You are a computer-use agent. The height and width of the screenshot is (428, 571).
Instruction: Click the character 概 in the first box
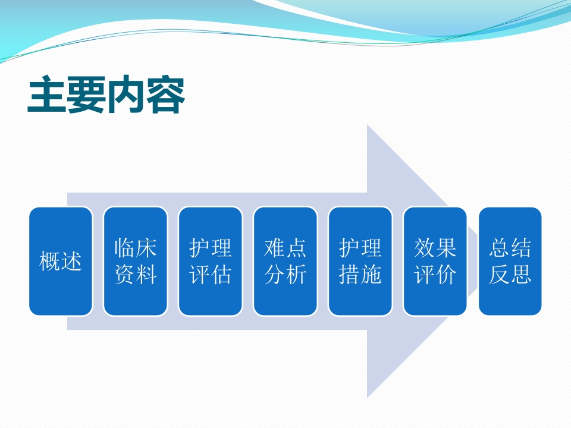(x=50, y=262)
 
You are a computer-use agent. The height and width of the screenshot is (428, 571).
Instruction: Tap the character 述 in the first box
(x=71, y=262)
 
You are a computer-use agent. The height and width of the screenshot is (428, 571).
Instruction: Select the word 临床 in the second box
(x=136, y=248)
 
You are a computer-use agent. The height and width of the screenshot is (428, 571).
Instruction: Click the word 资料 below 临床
(x=136, y=275)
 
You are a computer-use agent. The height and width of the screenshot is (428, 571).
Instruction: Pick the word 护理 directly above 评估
(x=211, y=248)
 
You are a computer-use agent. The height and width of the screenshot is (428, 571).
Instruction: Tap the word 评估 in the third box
(x=211, y=275)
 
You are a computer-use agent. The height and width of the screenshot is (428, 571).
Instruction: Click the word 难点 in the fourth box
(x=285, y=248)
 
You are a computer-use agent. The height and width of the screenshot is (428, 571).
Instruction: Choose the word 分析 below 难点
(x=285, y=275)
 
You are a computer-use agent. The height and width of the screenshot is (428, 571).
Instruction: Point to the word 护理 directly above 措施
(x=360, y=248)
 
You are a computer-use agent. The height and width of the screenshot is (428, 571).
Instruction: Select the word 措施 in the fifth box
(x=360, y=275)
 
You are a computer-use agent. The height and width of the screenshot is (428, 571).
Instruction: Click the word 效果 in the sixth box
(x=435, y=248)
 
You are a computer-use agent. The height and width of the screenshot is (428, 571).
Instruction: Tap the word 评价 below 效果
(x=435, y=275)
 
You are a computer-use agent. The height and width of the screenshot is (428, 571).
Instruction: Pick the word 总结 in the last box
(x=510, y=248)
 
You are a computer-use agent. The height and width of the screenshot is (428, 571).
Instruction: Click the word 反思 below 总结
(x=510, y=275)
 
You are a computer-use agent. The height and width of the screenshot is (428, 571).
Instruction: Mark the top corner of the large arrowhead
(x=368, y=127)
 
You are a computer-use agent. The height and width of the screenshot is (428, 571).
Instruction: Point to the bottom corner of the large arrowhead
(x=368, y=396)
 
